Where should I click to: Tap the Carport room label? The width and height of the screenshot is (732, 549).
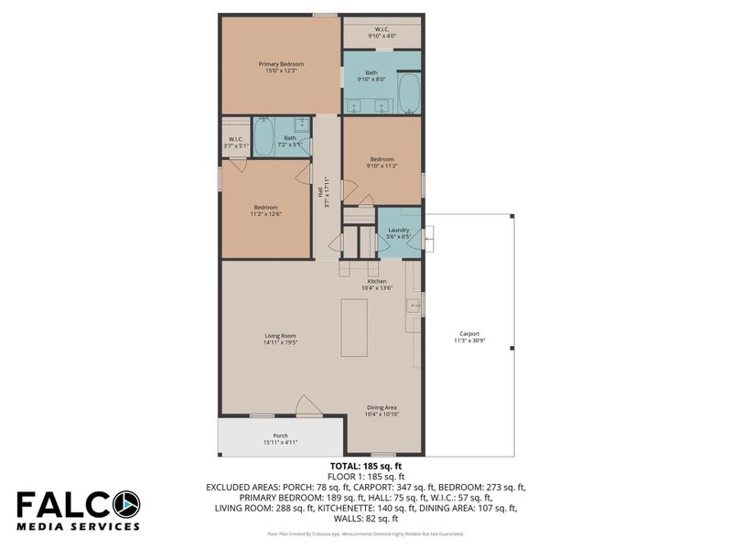(x=468, y=334)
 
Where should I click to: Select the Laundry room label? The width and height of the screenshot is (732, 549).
(x=398, y=231)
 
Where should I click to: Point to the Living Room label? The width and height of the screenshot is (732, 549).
(x=280, y=336)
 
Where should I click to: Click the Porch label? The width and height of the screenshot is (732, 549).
(x=281, y=436)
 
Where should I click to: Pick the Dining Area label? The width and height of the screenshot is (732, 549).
(x=382, y=408)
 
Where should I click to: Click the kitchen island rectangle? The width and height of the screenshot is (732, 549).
(x=354, y=327)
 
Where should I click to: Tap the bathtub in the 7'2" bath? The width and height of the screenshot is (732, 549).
(x=264, y=137)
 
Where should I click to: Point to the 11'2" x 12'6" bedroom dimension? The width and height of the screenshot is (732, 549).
(x=265, y=215)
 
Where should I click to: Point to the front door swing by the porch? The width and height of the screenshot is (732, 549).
(x=308, y=406)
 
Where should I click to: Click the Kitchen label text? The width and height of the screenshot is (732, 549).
(x=377, y=281)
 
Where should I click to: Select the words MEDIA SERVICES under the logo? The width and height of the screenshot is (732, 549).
(x=78, y=527)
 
